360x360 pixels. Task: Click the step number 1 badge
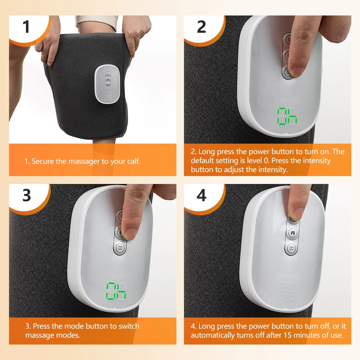pos(26,27)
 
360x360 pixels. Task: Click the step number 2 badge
pos(201,27)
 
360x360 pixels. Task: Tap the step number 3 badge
pos(27,195)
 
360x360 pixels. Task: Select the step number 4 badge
pos(201,195)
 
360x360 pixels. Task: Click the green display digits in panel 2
pos(287,116)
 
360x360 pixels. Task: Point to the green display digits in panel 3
pos(116,291)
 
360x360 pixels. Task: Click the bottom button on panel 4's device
pos(292,248)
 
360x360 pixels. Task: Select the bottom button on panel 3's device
pos(120,248)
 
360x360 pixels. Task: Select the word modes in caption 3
pos(71,335)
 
